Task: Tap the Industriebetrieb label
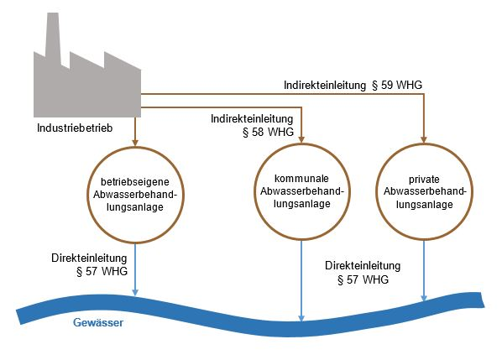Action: pos(75,128)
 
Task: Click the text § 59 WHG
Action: pos(397,85)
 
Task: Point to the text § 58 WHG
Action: pos(269,132)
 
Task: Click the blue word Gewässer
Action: pos(98,322)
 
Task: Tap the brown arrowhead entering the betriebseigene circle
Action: pos(135,143)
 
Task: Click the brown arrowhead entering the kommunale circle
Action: pos(301,139)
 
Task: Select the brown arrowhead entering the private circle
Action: pos(424,139)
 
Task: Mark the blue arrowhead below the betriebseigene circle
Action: pos(135,292)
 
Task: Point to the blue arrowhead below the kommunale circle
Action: pos(301,318)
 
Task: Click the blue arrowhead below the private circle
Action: pos(424,298)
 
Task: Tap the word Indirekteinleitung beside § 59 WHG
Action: pos(325,85)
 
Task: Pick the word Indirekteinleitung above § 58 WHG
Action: pos(252,119)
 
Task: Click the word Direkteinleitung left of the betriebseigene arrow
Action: pos(89,258)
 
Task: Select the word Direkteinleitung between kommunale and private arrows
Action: pos(363,266)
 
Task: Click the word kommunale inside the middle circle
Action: pos(301,178)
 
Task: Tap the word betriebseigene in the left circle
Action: pos(135,182)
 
